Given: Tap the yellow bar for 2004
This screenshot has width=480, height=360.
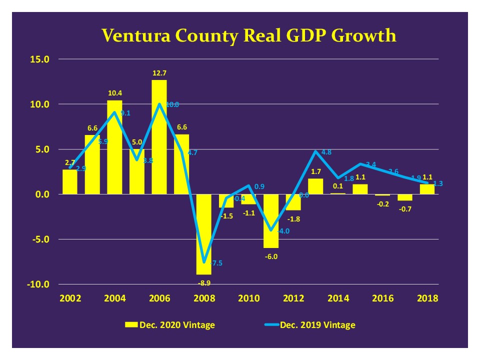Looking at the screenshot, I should (114, 147).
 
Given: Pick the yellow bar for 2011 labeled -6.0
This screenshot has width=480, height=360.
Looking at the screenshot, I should (271, 221).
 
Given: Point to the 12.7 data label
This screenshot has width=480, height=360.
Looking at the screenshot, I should (159, 74).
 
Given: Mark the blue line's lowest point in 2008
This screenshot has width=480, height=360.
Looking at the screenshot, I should (204, 261).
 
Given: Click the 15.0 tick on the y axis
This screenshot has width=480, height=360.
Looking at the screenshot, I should (40, 59).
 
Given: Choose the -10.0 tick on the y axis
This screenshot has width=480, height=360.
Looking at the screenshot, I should (38, 284).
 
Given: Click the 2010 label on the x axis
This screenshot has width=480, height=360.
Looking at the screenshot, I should (248, 298).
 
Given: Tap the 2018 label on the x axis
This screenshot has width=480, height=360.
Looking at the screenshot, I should (427, 298).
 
